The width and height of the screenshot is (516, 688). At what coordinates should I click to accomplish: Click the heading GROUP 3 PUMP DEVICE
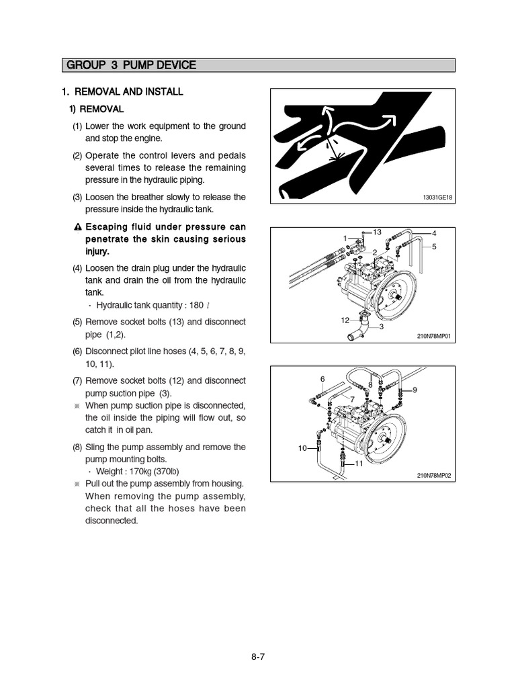(x=131, y=65)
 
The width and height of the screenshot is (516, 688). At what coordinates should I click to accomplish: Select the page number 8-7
(x=258, y=658)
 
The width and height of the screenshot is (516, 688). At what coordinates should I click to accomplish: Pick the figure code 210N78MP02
(x=435, y=476)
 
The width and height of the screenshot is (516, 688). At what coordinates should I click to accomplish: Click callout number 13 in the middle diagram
(x=376, y=232)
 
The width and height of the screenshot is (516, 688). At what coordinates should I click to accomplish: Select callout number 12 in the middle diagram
(x=345, y=320)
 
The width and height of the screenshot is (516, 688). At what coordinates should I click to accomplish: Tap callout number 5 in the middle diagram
(x=434, y=247)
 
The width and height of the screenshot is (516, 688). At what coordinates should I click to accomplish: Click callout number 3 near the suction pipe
(x=382, y=327)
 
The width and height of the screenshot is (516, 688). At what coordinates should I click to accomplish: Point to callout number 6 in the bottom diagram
(x=322, y=379)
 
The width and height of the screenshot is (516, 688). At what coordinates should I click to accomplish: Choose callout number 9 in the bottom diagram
(x=415, y=390)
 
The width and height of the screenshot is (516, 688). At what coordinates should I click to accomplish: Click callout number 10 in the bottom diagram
(x=302, y=448)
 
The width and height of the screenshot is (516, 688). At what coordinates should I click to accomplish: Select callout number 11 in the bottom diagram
(x=358, y=464)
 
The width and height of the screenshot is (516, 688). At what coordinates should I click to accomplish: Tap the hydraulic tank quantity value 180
(x=196, y=306)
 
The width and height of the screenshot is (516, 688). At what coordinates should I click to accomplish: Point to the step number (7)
(x=77, y=381)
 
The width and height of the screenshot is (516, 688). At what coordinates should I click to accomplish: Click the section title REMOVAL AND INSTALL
(x=128, y=91)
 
